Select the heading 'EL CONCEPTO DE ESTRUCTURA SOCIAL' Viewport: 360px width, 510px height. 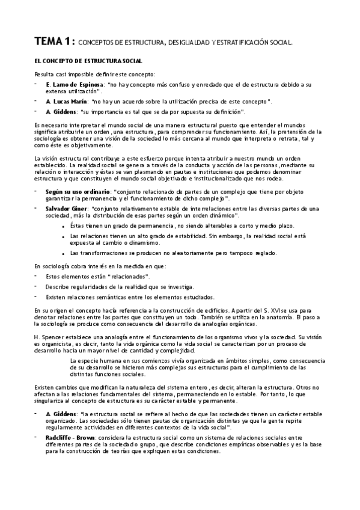[x=88, y=61]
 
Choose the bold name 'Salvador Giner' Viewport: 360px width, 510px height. [x=68, y=207]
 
